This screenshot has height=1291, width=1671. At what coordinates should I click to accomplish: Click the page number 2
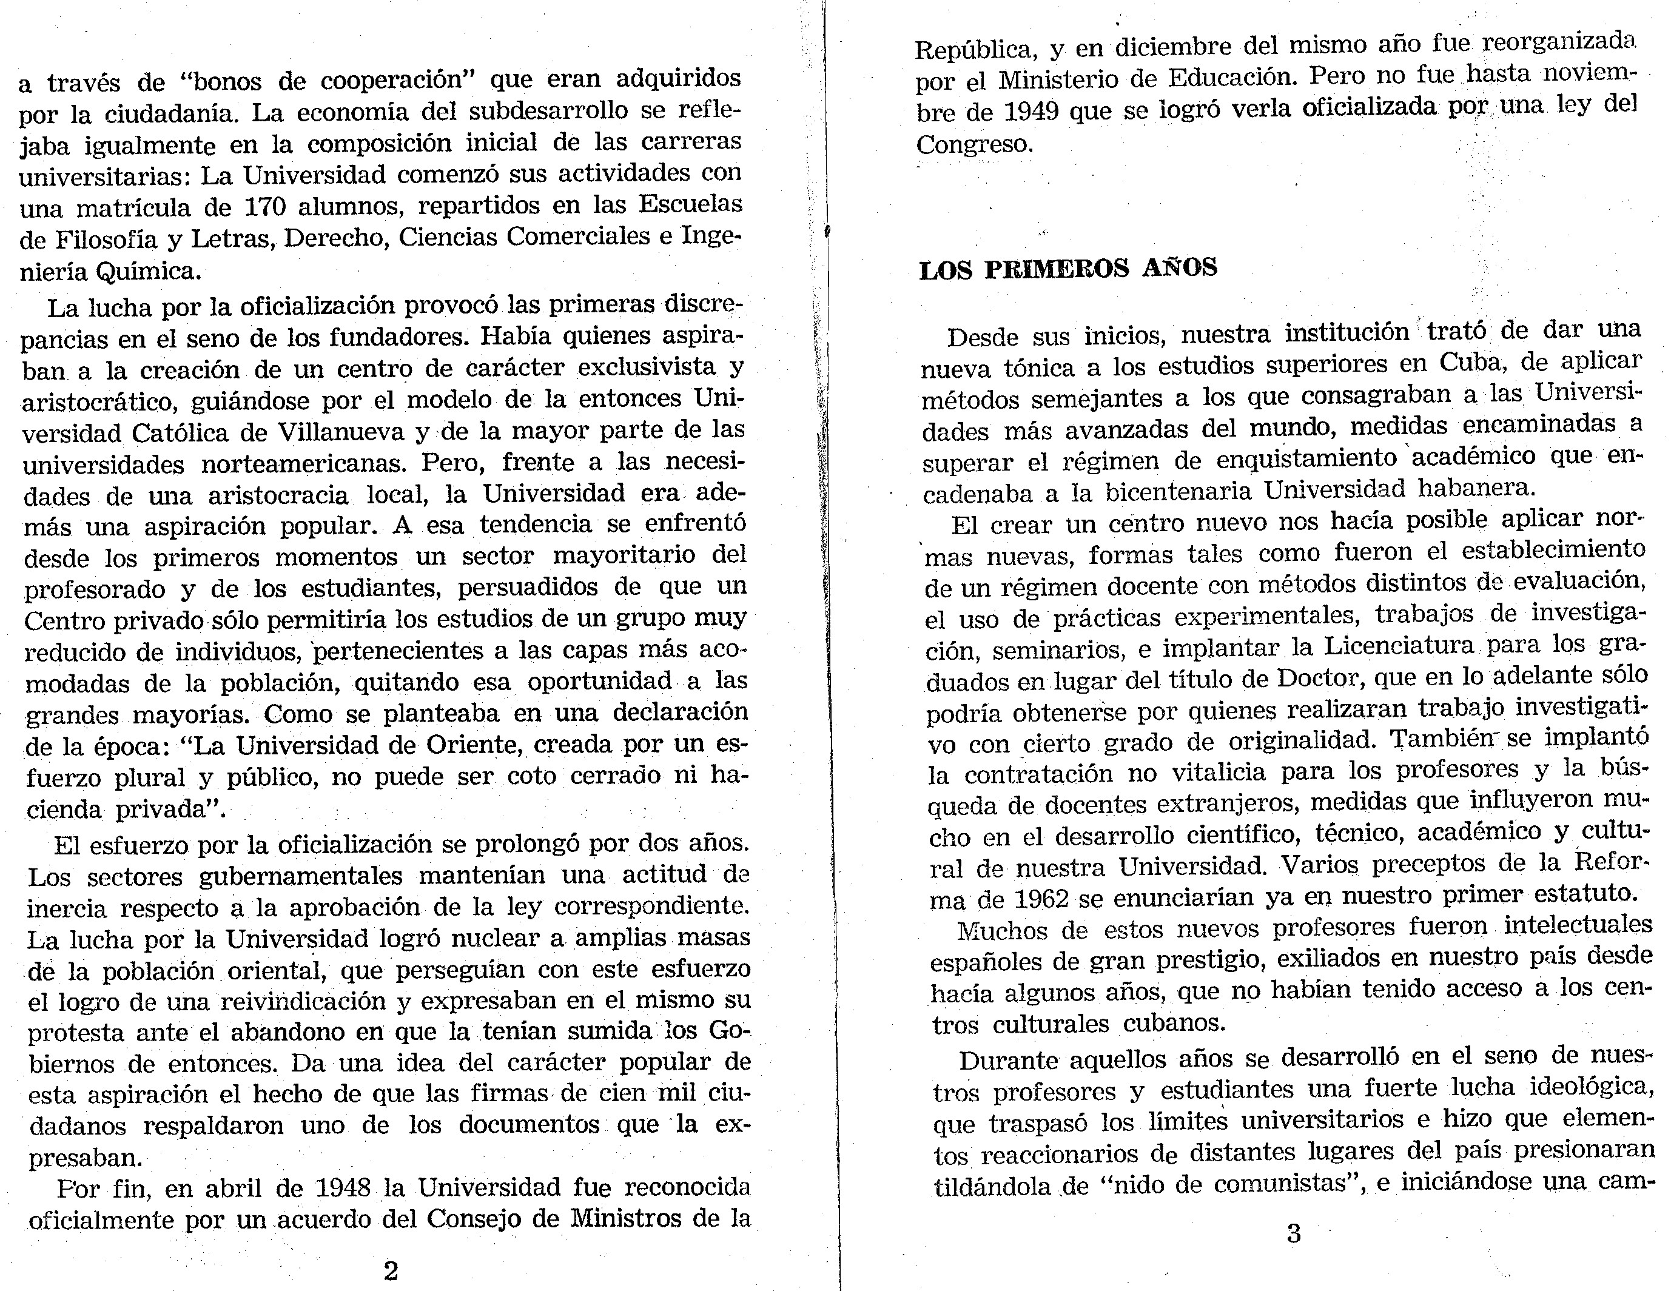[390, 1270]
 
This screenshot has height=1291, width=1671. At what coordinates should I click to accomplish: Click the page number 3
[1294, 1233]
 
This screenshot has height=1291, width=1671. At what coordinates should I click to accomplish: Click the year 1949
[1031, 112]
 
